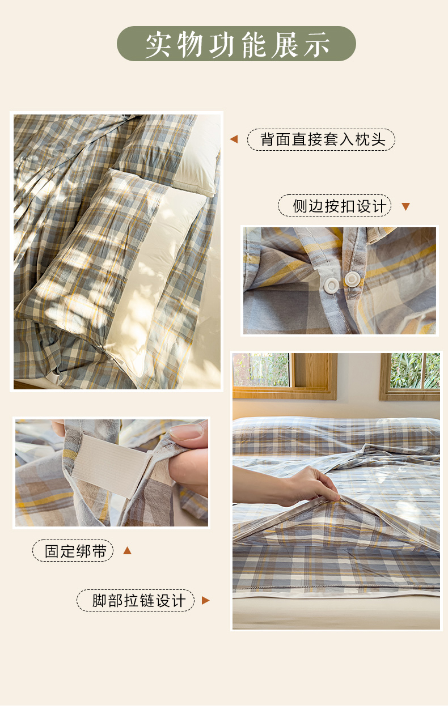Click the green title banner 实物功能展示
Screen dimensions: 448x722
pos(236,44)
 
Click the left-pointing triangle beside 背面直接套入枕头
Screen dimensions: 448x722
pos(234,139)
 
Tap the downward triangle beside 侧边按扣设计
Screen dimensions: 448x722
pos(405,206)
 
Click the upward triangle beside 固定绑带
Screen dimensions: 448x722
pos(128,550)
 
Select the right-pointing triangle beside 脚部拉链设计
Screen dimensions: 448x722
pos(206,601)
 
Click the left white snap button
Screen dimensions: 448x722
pos(332,285)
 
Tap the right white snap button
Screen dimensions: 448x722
pos(352,279)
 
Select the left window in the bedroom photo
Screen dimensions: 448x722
pos(285,376)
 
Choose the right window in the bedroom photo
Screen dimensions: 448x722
pos(410,376)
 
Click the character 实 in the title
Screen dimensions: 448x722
pos(158,44)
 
